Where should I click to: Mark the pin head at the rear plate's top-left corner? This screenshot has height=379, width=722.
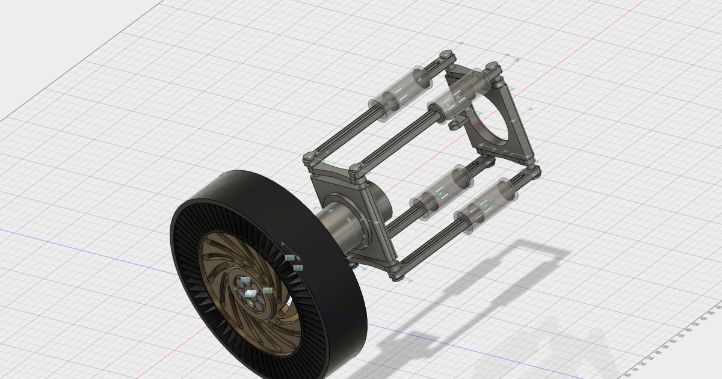[x=445, y=55]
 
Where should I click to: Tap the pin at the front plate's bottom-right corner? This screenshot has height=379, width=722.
[x=395, y=276]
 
